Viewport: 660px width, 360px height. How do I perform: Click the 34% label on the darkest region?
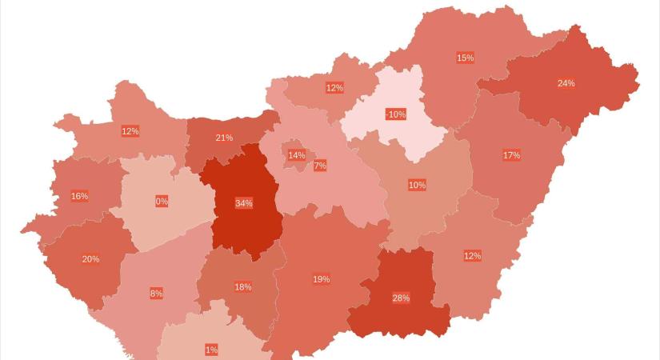coord(244,203)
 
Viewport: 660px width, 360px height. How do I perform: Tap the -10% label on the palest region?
coord(395,114)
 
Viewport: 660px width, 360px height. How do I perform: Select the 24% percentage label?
coord(566,83)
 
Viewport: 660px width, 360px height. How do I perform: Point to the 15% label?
coord(465,58)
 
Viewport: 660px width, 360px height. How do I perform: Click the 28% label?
coord(401,298)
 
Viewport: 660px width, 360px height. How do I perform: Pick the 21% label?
coord(224,138)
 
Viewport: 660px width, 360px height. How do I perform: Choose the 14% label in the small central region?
coord(297,155)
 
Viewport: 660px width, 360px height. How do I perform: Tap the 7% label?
coord(320,166)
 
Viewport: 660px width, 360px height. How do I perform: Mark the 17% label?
coord(511,155)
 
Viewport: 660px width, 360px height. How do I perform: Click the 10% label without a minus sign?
coord(417,186)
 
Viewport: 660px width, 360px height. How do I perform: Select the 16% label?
coord(79,196)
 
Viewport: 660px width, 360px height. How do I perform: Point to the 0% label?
coord(162,202)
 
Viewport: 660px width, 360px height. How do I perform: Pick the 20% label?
coord(90,259)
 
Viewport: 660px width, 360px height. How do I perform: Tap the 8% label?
coord(156,294)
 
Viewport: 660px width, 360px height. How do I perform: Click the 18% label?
coord(243,287)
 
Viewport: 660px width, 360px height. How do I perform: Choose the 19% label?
coord(321,279)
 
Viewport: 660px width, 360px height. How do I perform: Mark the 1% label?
coord(211,350)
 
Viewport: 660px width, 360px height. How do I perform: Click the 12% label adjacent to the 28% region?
coord(472,256)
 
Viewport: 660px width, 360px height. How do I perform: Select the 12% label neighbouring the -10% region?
coord(334,88)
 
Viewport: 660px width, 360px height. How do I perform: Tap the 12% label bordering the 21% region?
coord(130,131)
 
